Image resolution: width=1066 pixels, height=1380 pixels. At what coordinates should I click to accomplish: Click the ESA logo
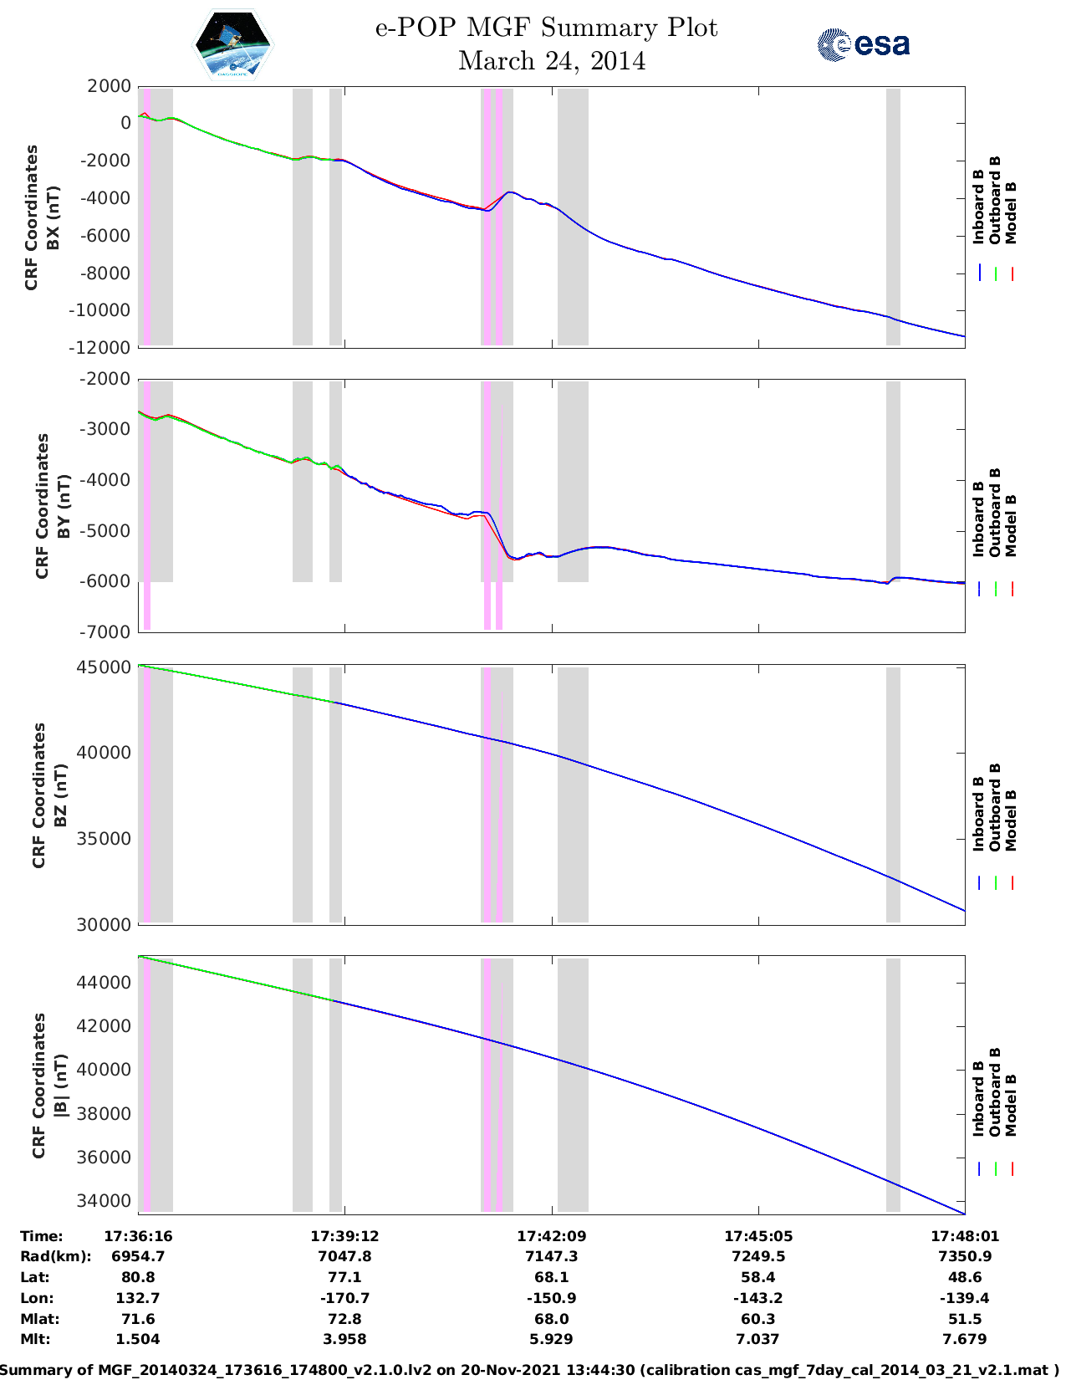[x=864, y=43]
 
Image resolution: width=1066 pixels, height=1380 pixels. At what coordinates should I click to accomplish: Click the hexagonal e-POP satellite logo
[x=233, y=45]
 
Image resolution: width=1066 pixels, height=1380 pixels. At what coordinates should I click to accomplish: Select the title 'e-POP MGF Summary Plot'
[x=546, y=28]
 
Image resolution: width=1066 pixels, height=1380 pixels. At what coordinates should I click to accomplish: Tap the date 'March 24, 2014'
[x=552, y=61]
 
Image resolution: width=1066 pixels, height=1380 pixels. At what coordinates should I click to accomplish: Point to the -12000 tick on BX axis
[x=103, y=347]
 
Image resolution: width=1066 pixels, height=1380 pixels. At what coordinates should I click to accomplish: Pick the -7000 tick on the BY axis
[x=107, y=631]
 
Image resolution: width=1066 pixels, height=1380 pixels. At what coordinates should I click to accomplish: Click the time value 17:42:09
[x=552, y=1235]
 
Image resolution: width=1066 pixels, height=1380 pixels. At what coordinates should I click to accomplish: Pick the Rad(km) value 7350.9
[x=965, y=1256]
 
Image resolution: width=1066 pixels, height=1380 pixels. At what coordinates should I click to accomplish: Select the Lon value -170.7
[x=344, y=1298]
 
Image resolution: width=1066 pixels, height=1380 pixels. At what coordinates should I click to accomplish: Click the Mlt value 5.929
[x=552, y=1339]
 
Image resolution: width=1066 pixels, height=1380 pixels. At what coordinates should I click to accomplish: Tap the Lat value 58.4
[x=758, y=1277]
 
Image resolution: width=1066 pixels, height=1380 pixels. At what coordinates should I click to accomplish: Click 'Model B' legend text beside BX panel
[x=1011, y=212]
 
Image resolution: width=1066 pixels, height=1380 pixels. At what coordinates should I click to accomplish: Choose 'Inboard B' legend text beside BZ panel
[x=979, y=814]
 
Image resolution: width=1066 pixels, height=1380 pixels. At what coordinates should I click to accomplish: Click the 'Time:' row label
[x=42, y=1235]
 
